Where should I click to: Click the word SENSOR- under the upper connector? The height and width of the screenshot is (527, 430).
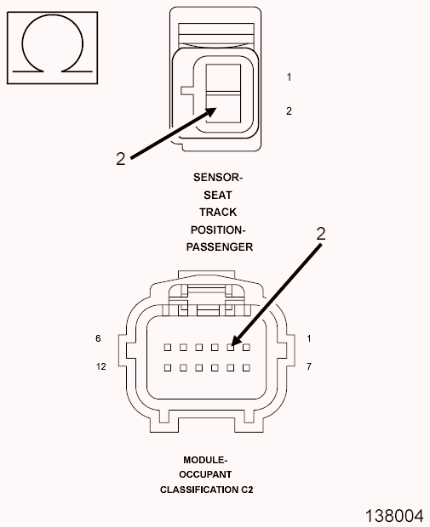coord(218,177)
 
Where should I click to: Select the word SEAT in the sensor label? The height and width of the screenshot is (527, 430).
coord(218,195)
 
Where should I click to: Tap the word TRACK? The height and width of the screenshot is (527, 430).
coord(218,212)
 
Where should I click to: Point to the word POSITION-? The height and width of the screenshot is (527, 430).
coord(218,229)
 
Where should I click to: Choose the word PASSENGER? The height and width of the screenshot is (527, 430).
coord(220,247)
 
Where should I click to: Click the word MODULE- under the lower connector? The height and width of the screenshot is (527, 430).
coord(205,460)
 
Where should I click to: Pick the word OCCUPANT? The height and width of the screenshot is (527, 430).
coord(205,474)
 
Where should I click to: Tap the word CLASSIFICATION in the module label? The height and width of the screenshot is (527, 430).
coord(199,490)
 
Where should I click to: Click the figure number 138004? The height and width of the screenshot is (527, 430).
coord(394,516)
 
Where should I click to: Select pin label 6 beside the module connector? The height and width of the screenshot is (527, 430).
coord(98,338)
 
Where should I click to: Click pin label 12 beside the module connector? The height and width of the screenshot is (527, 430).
coord(101,366)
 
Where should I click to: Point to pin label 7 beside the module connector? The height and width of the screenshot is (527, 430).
coord(309,366)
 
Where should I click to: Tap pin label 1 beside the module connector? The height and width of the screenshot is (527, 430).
coord(309,338)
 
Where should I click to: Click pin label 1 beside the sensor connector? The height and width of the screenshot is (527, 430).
coord(289,77)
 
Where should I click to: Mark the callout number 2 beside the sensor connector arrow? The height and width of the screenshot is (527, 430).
coord(121,159)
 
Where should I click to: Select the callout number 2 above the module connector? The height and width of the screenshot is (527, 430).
coord(321,234)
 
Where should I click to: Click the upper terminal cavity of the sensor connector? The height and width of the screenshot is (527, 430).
coord(223,77)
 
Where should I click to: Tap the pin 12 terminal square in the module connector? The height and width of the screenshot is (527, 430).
coord(168,368)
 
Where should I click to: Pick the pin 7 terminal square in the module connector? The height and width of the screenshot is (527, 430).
coord(246,368)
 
